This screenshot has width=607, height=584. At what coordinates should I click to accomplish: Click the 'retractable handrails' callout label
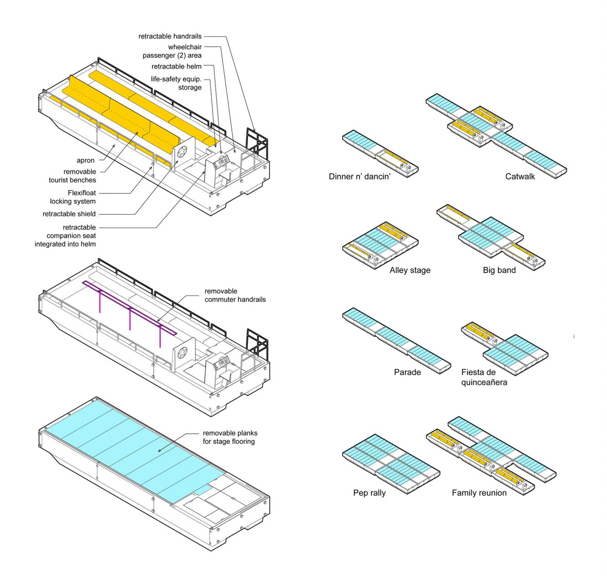pyautogui.click(x=170, y=36)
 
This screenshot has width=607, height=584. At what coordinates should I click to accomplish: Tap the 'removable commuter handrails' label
pyautogui.click(x=235, y=295)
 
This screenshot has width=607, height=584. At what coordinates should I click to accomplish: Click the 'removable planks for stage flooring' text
pyautogui.click(x=230, y=437)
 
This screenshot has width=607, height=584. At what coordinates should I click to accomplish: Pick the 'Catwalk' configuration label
pyautogui.click(x=520, y=177)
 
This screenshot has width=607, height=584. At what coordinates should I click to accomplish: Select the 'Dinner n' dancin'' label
pyautogui.click(x=360, y=177)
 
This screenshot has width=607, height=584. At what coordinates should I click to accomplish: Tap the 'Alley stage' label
pyautogui.click(x=410, y=270)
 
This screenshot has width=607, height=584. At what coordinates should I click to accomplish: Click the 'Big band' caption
pyautogui.click(x=499, y=270)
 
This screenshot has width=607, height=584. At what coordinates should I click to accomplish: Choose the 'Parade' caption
pyautogui.click(x=407, y=372)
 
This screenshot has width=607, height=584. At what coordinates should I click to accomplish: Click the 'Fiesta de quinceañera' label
pyautogui.click(x=484, y=377)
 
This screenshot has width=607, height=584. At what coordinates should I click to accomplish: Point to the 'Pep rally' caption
pyautogui.click(x=369, y=493)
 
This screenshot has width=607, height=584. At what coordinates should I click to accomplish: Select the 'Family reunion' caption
pyautogui.click(x=479, y=493)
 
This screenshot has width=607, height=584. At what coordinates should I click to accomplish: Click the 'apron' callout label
pyautogui.click(x=85, y=161)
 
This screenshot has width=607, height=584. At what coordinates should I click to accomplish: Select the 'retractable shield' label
pyautogui.click(x=69, y=214)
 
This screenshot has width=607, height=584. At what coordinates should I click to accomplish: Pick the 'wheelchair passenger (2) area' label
pyautogui.click(x=173, y=51)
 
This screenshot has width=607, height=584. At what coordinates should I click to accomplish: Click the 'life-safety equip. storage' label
pyautogui.click(x=177, y=83)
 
